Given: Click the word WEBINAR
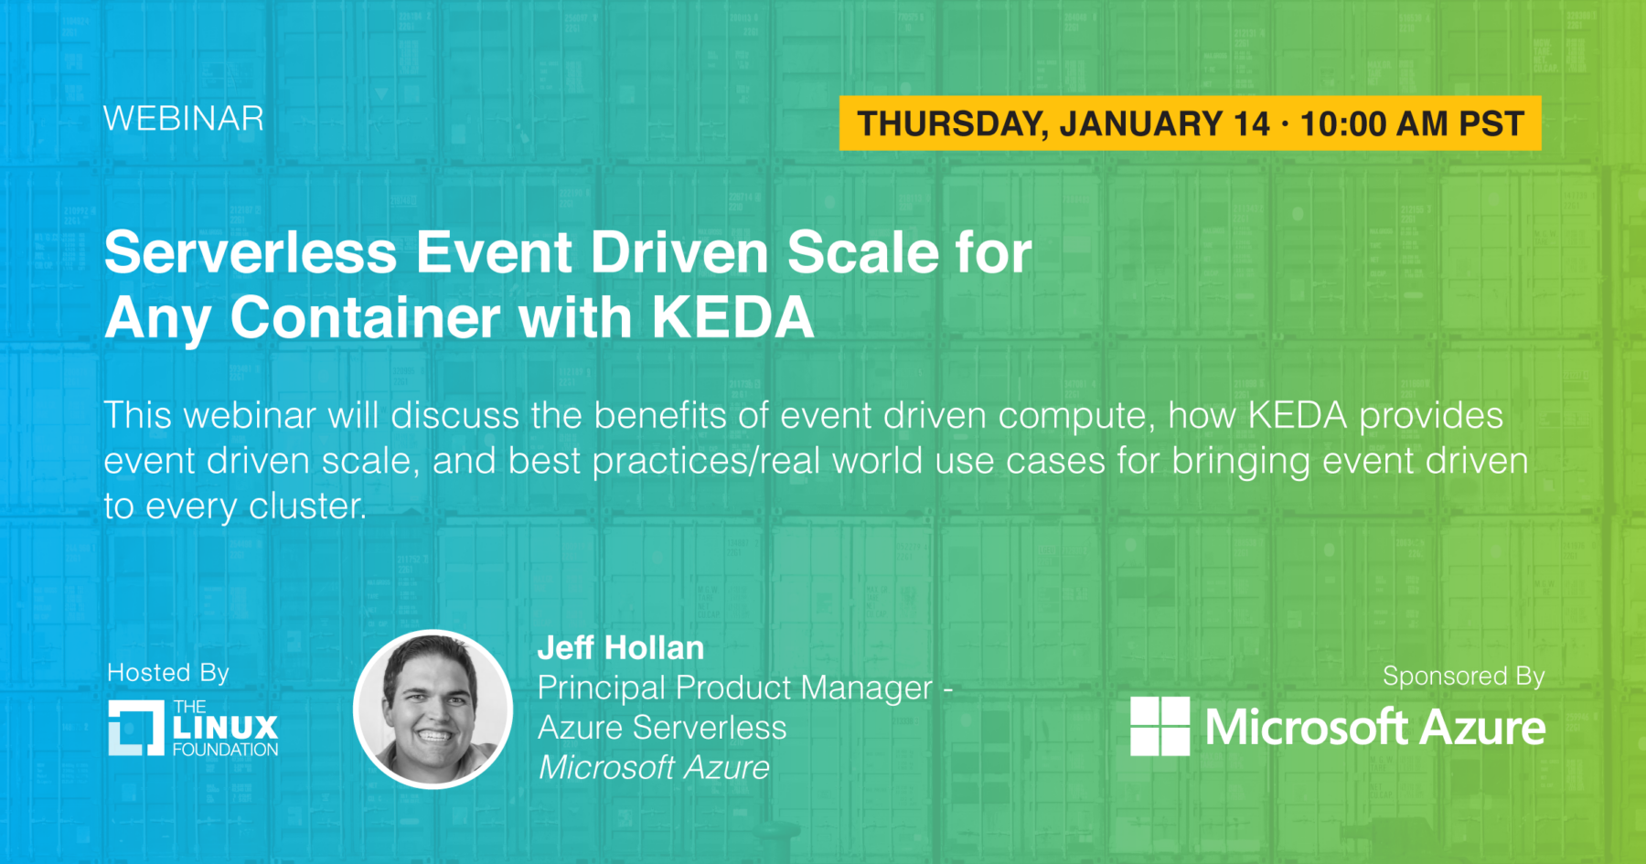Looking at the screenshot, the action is tap(184, 119).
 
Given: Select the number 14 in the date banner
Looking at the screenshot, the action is tap(1252, 123).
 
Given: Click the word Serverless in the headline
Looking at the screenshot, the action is tap(251, 252).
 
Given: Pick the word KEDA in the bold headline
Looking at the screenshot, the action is tap(732, 317).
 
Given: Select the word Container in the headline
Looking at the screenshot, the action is tap(365, 317).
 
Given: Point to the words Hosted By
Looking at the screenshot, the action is tap(168, 673).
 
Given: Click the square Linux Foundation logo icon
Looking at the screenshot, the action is tap(136, 728).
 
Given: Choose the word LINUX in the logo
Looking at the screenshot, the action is tap(225, 728).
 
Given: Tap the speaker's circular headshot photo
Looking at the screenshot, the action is tap(433, 709).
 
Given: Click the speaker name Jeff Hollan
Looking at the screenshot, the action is tap(621, 648).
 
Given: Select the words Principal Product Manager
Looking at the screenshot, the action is tap(735, 688).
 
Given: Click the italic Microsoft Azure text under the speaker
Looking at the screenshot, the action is tap(654, 768).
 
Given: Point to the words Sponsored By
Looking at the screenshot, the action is tap(1463, 677).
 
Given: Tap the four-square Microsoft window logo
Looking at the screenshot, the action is tap(1160, 726).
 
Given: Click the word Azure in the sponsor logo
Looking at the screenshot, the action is tap(1482, 728).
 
